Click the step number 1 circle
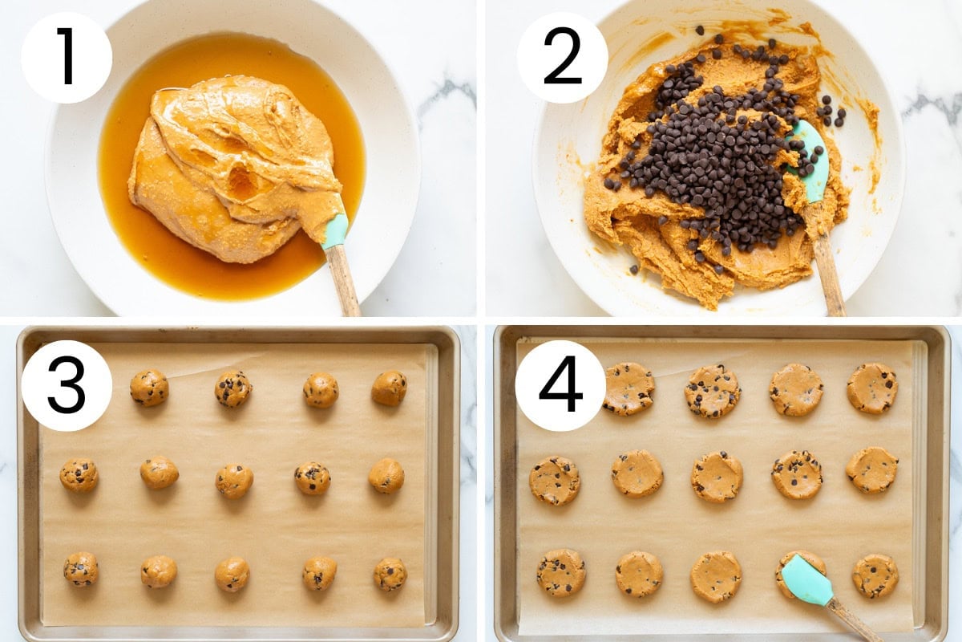click(67, 57)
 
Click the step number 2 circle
click(562, 57)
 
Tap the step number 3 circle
click(67, 385)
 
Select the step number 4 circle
click(560, 385)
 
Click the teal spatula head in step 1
click(334, 231)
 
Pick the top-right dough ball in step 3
click(389, 388)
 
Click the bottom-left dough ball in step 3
click(81, 569)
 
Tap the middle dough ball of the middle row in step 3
click(234, 481)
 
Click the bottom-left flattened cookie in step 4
click(561, 573)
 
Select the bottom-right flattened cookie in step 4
click(875, 575)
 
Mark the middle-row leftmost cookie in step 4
click(555, 480)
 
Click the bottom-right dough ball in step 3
click(390, 575)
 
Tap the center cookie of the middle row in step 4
click(717, 477)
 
